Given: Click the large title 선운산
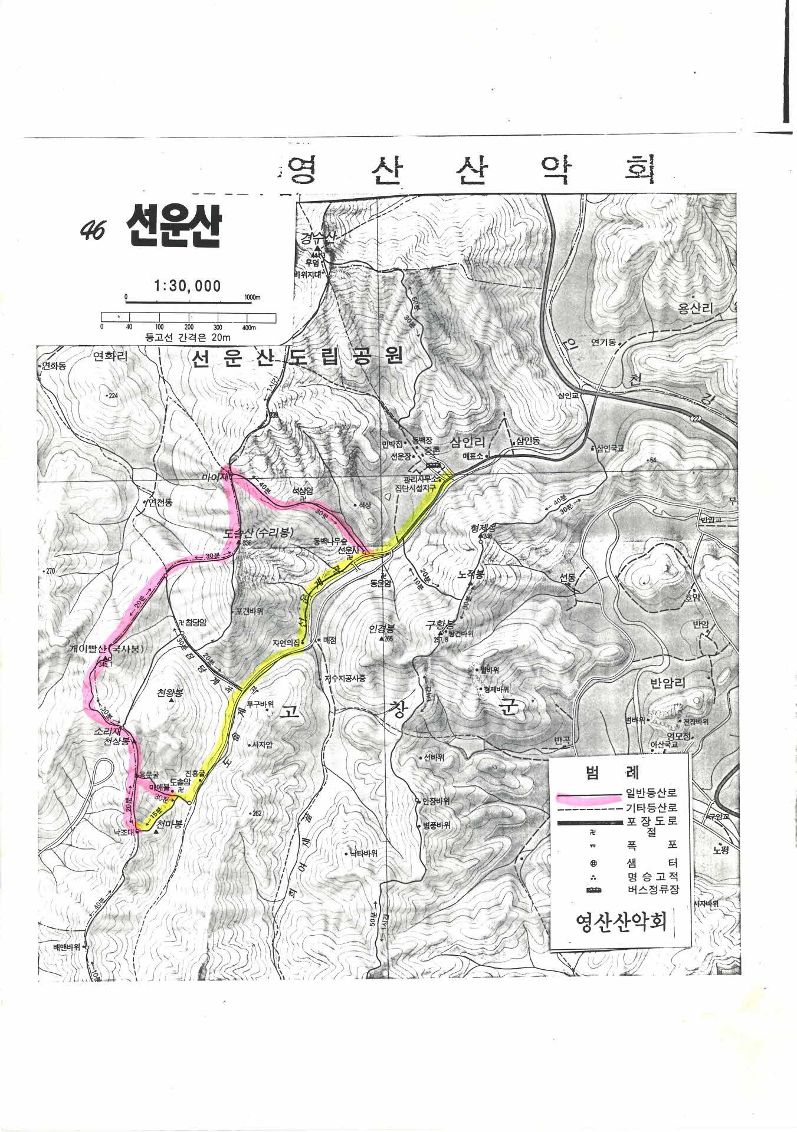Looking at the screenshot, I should (172, 227).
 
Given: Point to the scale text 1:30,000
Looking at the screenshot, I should (187, 287).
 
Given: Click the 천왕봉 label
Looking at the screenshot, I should (170, 693).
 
